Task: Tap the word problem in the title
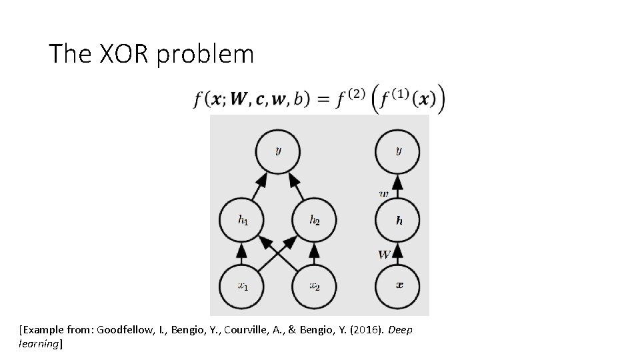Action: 205,55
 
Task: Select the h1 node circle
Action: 242,219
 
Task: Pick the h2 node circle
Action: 314,219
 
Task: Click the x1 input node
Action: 242,286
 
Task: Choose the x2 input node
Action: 314,286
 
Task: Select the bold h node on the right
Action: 398,220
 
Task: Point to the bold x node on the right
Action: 398,286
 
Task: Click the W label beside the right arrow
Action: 384,254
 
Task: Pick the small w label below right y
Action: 384,193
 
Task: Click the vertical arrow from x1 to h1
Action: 242,253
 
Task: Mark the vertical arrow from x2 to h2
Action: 314,253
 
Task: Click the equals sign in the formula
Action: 323,99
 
